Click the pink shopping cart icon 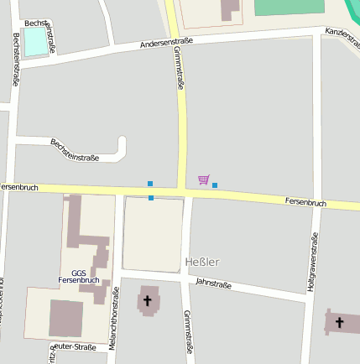tap(203, 179)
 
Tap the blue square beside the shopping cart tap(215, 185)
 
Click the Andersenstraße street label tap(166, 41)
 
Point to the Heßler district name tap(201, 262)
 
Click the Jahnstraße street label tap(213, 284)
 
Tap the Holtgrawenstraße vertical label tap(311, 262)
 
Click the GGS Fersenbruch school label tap(85, 276)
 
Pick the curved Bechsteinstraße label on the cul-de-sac tap(75, 150)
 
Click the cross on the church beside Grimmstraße tap(148, 299)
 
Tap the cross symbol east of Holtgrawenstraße tap(340, 322)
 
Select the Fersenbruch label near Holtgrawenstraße tap(305, 202)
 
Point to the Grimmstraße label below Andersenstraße tap(179, 68)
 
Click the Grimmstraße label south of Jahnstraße tap(188, 331)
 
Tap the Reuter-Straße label tap(74, 346)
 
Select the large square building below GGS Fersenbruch tap(65, 318)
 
